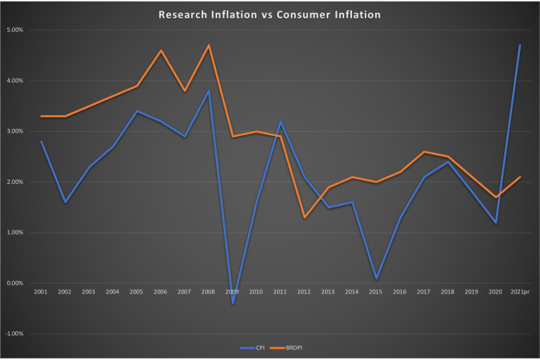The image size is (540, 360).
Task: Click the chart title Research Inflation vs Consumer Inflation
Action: tap(270, 14)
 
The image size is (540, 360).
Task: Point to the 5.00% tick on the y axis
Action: tap(15, 30)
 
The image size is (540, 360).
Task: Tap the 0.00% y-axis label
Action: tap(15, 283)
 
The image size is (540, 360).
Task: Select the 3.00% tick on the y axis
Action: tap(15, 131)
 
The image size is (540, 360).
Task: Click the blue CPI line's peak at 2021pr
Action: tap(520, 45)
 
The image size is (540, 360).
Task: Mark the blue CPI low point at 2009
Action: tap(233, 304)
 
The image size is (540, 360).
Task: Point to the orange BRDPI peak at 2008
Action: tap(209, 45)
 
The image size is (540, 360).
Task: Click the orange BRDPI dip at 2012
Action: tap(305, 218)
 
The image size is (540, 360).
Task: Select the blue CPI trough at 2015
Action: tap(376, 278)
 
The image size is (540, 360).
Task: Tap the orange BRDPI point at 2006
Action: tap(161, 50)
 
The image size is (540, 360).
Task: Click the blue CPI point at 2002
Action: tap(65, 202)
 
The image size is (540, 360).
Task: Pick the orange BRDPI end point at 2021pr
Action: tap(520, 177)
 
